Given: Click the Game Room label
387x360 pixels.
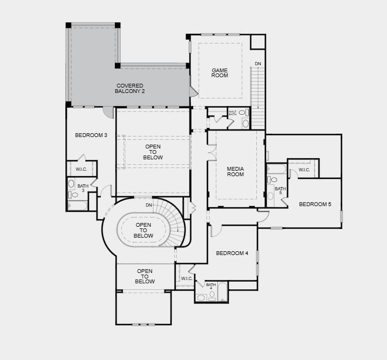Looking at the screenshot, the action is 220,73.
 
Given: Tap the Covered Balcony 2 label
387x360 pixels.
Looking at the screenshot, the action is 130,88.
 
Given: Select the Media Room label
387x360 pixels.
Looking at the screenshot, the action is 236,172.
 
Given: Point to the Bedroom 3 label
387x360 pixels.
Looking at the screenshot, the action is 91,135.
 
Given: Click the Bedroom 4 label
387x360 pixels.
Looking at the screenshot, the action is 232,253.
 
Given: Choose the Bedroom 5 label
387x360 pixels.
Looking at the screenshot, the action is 315,204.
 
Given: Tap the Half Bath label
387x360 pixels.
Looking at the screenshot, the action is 232,113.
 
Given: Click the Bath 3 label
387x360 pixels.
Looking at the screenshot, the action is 83,188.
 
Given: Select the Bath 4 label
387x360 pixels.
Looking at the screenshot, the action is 211,286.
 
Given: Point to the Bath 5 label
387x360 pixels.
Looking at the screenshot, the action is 280,190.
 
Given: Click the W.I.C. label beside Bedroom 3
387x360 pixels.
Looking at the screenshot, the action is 81,169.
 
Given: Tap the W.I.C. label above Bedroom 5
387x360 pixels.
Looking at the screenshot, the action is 304,170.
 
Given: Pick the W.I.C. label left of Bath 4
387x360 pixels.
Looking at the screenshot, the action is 187,278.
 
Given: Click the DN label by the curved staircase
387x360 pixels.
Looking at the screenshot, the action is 149,205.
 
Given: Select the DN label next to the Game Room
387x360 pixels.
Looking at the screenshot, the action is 258,64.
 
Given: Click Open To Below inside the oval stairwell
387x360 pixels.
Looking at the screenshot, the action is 143,230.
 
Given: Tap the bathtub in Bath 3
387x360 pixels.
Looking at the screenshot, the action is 77,206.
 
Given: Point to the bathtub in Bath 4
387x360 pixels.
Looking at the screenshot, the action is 223,291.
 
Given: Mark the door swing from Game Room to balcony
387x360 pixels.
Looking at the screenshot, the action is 194,91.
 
